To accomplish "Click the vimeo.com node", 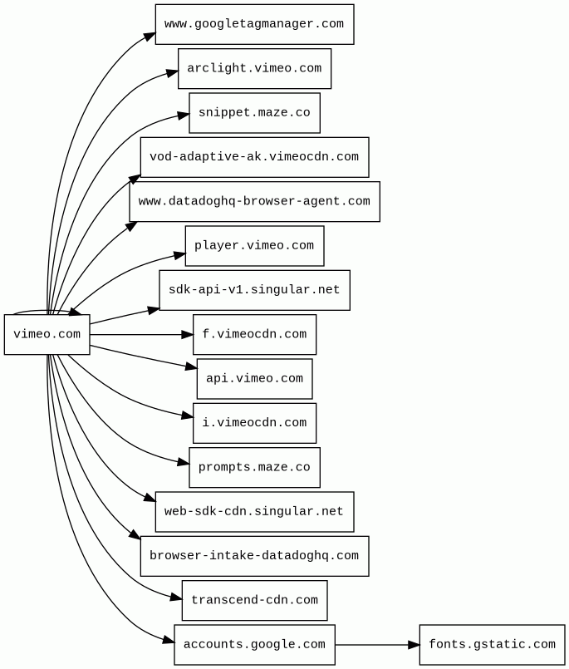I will click(x=47, y=335).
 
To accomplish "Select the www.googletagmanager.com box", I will click(x=254, y=24).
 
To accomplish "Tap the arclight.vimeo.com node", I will click(x=254, y=68).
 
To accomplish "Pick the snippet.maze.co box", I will click(x=254, y=113).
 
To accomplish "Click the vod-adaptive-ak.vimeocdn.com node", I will click(x=254, y=157).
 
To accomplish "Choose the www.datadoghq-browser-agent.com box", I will click(x=254, y=201).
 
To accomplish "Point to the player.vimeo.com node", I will click(x=254, y=246).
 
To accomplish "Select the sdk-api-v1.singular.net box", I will click(x=254, y=290).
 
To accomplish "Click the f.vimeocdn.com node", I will click(x=254, y=335).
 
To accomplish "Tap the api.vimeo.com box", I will click(x=254, y=379).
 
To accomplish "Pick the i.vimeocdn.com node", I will click(x=254, y=423).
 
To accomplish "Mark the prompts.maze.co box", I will click(x=254, y=467).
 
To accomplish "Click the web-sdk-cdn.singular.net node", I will click(x=254, y=512).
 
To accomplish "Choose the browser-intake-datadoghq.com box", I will click(x=254, y=556).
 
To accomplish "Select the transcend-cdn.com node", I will click(x=254, y=600).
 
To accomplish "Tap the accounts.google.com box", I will click(x=254, y=645).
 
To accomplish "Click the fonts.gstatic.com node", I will click(x=492, y=645).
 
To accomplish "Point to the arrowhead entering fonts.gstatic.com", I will click(x=414, y=645).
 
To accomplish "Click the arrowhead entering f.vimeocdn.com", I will click(x=188, y=335).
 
